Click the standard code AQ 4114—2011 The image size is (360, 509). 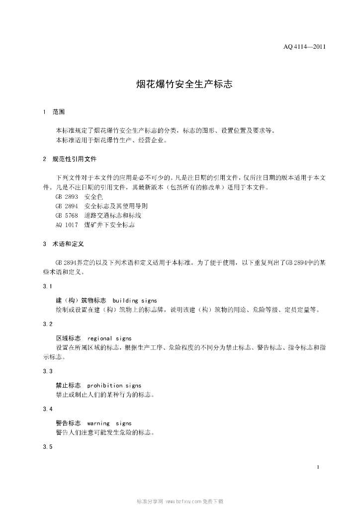pos(304,48)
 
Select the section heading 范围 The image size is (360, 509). pos(59,112)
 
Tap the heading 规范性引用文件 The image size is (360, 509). pos(75,159)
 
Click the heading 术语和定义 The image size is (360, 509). pos(69,245)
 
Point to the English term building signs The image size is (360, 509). pos(135,301)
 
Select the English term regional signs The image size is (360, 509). pos(109,338)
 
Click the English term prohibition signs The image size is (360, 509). pos(114,385)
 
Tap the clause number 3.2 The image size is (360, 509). pos(48,324)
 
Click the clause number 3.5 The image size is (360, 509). pos(48,447)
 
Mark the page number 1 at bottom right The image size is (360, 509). pos(317,467)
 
